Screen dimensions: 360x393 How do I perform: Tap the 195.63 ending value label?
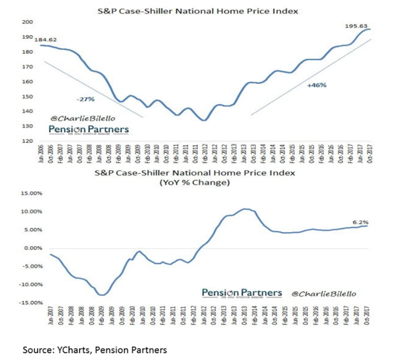pos(359,25)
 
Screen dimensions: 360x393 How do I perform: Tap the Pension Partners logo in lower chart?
pos(240,293)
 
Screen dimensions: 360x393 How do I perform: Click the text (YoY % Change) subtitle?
pos(195,183)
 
